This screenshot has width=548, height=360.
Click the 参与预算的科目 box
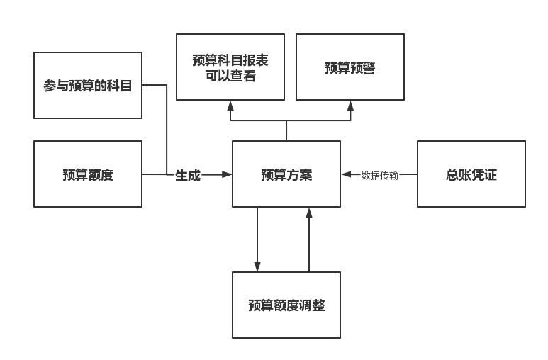coord(88,85)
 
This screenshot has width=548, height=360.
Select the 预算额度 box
coord(88,174)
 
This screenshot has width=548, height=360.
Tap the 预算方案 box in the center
coord(286,174)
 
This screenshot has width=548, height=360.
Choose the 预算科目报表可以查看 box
coord(230,67)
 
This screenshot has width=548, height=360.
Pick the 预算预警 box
coord(350,67)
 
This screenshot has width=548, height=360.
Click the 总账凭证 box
coord(471,174)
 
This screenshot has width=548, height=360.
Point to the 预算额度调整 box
coord(286,305)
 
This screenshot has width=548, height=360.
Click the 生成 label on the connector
coord(188,175)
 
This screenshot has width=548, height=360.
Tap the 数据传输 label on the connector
coord(379,175)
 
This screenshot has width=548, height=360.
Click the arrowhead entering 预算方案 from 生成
coord(228,174)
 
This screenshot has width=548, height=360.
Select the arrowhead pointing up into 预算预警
coord(350,105)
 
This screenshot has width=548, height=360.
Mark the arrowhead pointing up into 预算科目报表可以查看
coord(230,105)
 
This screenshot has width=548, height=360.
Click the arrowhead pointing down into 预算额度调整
coord(257,266)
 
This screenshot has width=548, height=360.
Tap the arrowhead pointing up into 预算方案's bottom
coord(309,212)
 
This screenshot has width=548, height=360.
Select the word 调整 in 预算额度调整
coord(312,305)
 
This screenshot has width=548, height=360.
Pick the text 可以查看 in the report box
coord(230,76)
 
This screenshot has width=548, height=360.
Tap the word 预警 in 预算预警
coord(363,68)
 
